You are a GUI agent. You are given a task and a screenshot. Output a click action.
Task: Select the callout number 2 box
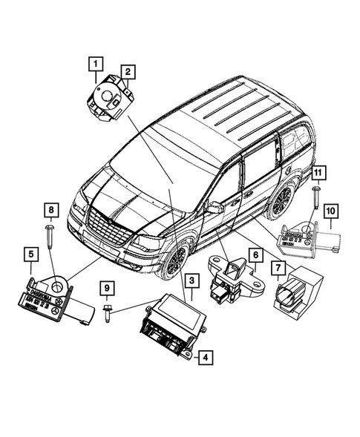[x=128, y=71]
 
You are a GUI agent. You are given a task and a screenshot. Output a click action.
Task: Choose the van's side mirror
[x=215, y=207]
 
